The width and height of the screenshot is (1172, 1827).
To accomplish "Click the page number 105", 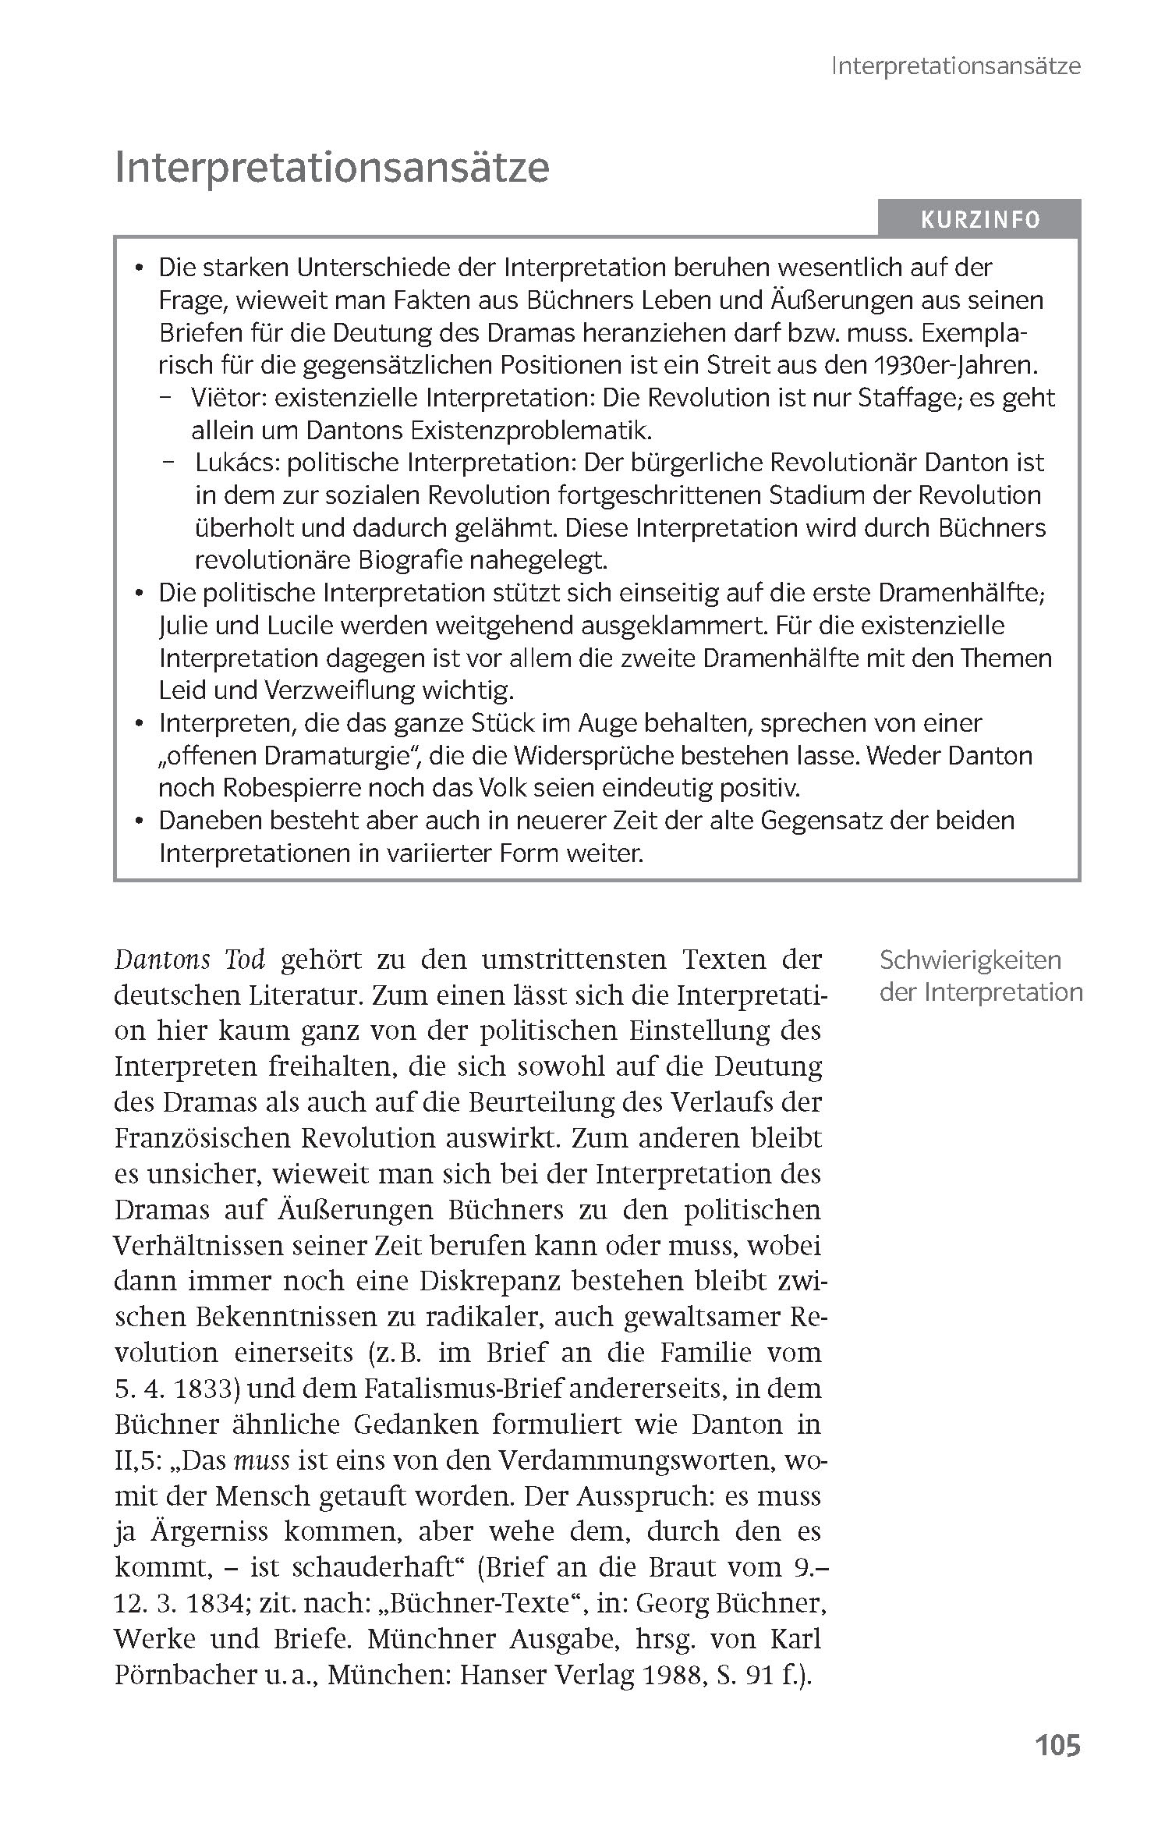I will (x=1057, y=1745).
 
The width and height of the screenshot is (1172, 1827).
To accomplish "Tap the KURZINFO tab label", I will (x=980, y=220).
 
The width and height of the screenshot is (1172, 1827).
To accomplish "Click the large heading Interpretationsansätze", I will (x=331, y=167).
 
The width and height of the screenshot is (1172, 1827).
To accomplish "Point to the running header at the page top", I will (x=955, y=66).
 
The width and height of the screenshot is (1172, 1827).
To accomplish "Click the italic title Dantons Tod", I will (x=189, y=959).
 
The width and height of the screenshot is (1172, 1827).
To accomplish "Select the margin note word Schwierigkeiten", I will (x=970, y=960).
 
